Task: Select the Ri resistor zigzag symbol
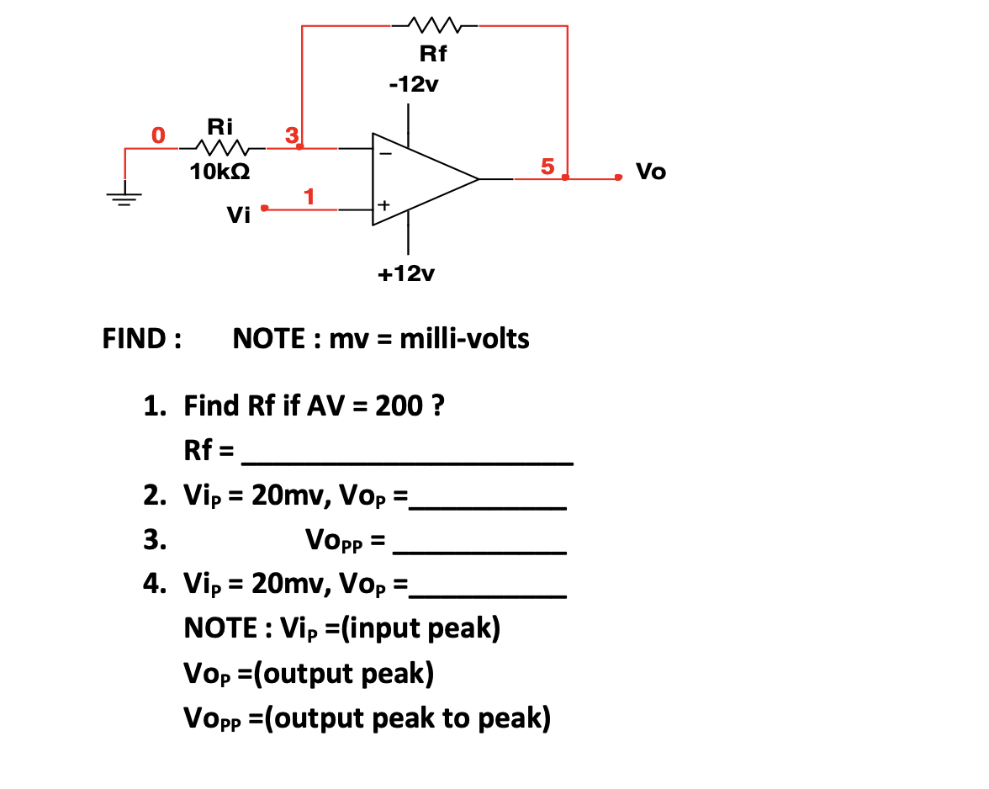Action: coord(222,149)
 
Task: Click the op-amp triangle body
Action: coord(417,179)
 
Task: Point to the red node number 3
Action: coord(291,135)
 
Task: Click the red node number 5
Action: coord(547,166)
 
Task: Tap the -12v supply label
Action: coord(408,85)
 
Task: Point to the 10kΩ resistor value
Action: coord(219,172)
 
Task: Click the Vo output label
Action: coord(650,172)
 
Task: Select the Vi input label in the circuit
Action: coord(239,217)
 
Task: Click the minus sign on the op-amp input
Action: coord(384,155)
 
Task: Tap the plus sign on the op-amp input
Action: coord(384,204)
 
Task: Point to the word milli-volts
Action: coord(464,339)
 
